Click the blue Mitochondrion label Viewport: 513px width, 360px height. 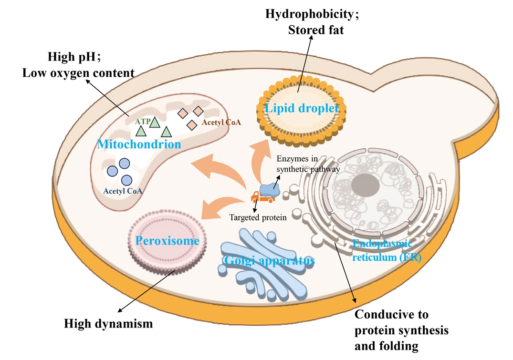(x=139, y=144)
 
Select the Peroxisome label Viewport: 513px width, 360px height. (x=167, y=241)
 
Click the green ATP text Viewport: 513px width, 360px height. (x=142, y=122)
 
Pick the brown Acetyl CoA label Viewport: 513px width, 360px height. (x=221, y=123)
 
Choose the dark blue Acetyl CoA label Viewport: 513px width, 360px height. (x=123, y=191)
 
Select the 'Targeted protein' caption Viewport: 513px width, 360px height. (x=258, y=217)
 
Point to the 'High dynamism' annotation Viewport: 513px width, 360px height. (x=108, y=324)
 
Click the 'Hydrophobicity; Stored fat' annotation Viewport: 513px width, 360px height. (x=313, y=22)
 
